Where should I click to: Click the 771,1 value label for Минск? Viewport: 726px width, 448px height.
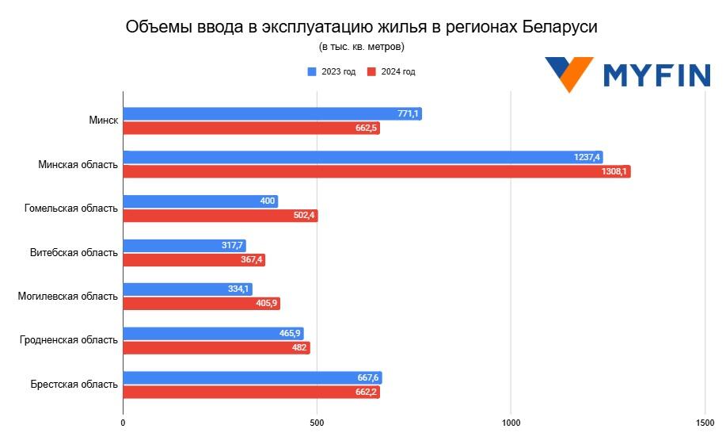[x=408, y=114]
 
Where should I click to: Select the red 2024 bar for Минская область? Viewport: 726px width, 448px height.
[x=376, y=171]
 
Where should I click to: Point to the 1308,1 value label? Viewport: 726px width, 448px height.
[x=614, y=171]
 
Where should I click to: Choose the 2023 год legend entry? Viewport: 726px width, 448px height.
[x=332, y=71]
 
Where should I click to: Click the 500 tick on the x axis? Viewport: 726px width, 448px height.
[x=317, y=423]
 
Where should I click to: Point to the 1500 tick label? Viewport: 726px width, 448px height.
[x=704, y=423]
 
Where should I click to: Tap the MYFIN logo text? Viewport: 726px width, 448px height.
[x=656, y=75]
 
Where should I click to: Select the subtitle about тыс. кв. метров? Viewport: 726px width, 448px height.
[x=362, y=47]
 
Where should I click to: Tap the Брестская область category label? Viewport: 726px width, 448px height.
[x=74, y=385]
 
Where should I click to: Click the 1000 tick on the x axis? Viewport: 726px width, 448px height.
[x=511, y=423]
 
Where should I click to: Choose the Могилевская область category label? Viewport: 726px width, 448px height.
[x=68, y=297]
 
